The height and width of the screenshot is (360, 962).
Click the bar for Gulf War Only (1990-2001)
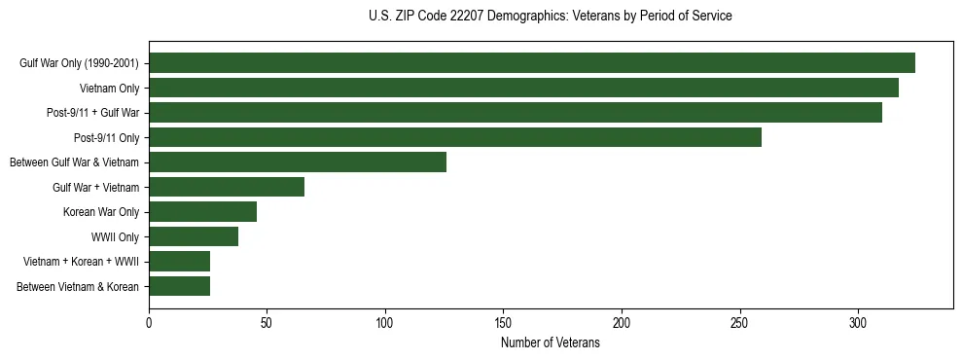click(x=532, y=63)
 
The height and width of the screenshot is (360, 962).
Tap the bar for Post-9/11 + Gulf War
click(x=516, y=113)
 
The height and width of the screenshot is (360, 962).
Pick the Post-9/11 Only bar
click(x=455, y=137)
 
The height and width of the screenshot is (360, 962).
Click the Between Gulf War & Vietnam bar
click(x=298, y=162)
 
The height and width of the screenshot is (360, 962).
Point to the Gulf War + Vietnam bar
click(x=227, y=187)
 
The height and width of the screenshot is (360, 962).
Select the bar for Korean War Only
click(x=202, y=212)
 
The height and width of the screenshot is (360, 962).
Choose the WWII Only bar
click(x=194, y=236)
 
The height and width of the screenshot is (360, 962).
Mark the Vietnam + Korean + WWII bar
click(x=179, y=262)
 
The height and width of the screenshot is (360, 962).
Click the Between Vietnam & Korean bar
click(x=179, y=286)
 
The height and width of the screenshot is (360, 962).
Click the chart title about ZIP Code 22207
click(x=551, y=17)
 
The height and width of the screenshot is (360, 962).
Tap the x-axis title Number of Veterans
click(x=551, y=343)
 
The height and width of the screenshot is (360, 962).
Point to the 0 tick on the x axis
click(x=149, y=322)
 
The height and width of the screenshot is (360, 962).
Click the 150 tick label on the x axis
click(x=504, y=322)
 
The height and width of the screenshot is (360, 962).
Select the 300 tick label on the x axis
click(x=858, y=322)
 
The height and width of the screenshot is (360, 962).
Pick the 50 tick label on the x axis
click(x=267, y=322)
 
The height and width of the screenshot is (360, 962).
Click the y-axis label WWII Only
click(x=115, y=236)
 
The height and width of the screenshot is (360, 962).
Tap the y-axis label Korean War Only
click(x=101, y=212)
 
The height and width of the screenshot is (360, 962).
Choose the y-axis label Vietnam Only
click(x=109, y=88)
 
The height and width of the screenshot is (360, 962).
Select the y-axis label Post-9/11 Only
click(x=107, y=137)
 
